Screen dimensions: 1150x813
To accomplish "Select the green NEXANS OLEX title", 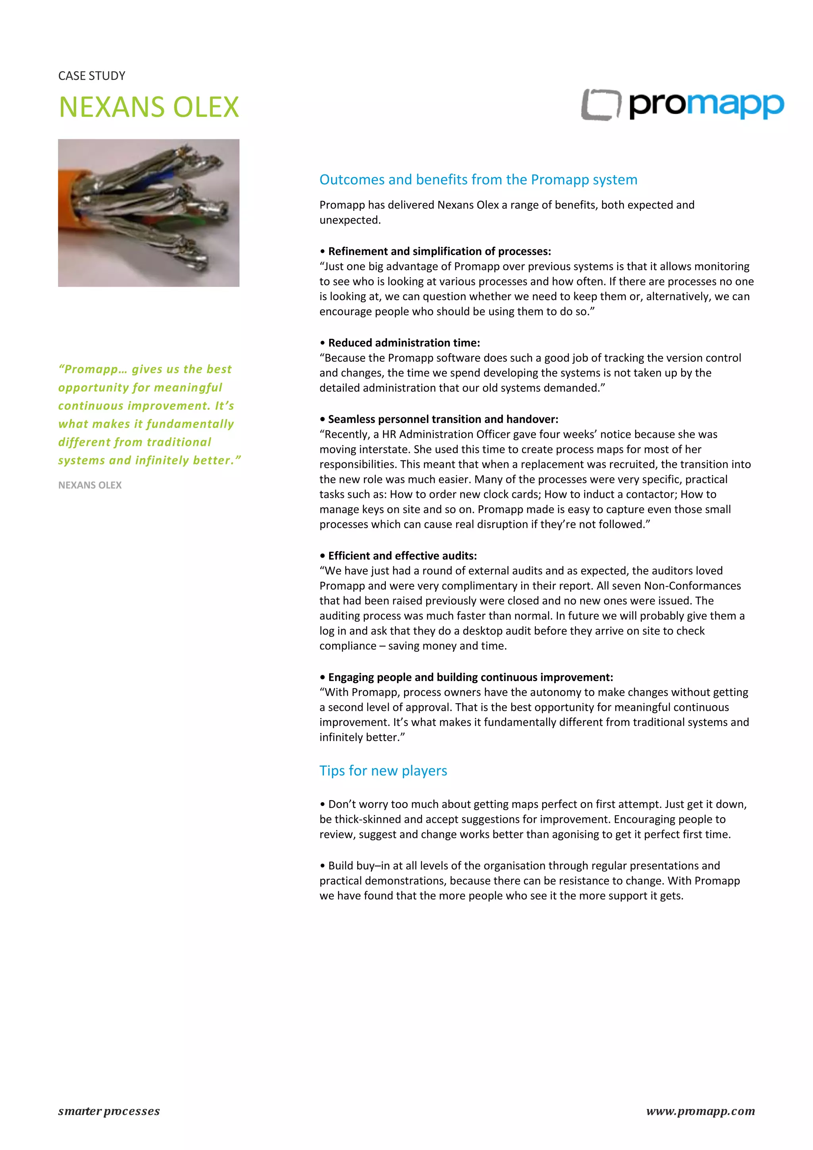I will (149, 107).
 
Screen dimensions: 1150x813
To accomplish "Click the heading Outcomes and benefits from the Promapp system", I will (478, 179).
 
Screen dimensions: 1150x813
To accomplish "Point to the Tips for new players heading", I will (383, 770).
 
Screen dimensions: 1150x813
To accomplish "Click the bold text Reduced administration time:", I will (403, 343).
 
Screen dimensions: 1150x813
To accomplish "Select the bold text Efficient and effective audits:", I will (402, 556).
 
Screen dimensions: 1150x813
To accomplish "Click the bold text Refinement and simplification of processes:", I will (439, 251).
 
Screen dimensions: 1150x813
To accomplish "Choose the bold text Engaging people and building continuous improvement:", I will (470, 677).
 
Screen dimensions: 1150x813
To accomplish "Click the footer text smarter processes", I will (109, 1111).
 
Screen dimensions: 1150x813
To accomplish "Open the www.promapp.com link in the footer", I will (700, 1111).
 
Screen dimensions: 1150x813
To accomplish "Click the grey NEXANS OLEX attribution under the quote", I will (90, 485).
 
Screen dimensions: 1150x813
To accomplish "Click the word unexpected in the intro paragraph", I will (349, 220).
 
